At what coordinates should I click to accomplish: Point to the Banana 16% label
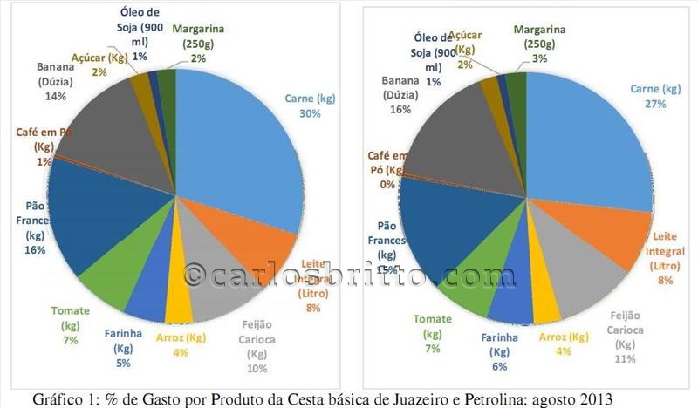[x=400, y=96]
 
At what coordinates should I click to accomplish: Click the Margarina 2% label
[x=199, y=44]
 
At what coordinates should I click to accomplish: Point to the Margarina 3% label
[x=539, y=44]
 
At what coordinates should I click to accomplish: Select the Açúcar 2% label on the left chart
[x=101, y=63]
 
